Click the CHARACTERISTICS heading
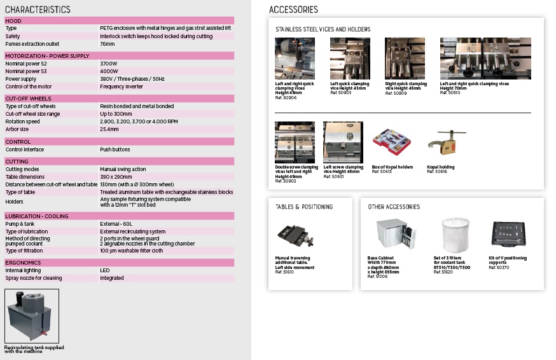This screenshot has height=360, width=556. click(x=38, y=10)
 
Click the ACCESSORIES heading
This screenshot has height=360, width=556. click(x=293, y=10)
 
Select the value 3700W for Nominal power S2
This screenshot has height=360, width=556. click(x=108, y=64)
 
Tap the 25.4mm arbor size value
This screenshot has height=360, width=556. click(x=109, y=129)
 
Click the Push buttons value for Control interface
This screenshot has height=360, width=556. click(x=115, y=149)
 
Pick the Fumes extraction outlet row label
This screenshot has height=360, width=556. click(x=32, y=44)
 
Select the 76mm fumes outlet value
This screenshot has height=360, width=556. click(x=107, y=44)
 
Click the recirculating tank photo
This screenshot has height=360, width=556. click(x=32, y=316)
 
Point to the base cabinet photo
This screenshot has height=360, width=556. click(x=393, y=236)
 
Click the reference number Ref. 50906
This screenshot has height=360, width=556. click(x=286, y=97)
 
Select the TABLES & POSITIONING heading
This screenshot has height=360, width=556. click(x=304, y=207)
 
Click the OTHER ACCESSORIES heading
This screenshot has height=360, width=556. click(x=394, y=207)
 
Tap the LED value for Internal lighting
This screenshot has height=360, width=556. click(x=104, y=270)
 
